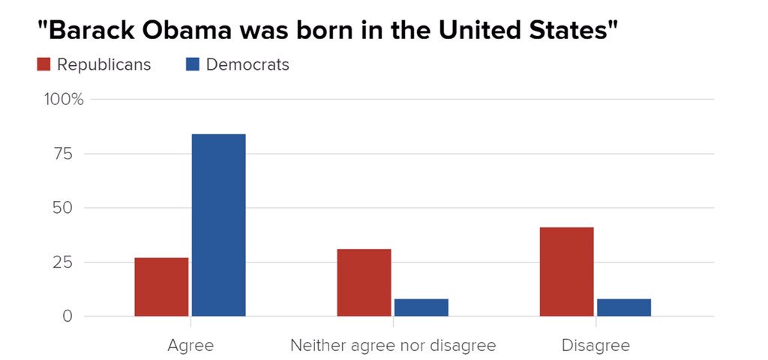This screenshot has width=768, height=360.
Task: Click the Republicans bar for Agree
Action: point(161,286)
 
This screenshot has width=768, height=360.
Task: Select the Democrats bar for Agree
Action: point(218,225)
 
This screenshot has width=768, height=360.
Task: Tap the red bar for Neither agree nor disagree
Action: point(364,282)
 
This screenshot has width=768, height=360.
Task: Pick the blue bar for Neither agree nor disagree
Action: point(421,307)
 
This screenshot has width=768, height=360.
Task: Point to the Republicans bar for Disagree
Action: point(566,271)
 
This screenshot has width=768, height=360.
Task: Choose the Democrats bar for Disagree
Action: point(623,307)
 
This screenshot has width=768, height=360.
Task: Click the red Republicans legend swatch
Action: point(43,64)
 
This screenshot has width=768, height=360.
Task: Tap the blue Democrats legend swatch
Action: point(193,64)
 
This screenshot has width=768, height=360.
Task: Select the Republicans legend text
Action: point(103,64)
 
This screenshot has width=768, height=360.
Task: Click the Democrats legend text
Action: point(247,64)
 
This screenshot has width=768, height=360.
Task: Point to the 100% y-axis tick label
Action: point(65,100)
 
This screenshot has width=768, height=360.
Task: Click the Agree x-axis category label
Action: point(190,346)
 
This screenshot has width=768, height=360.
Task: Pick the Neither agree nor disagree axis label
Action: point(392,346)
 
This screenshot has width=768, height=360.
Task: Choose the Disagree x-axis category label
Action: point(595,346)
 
